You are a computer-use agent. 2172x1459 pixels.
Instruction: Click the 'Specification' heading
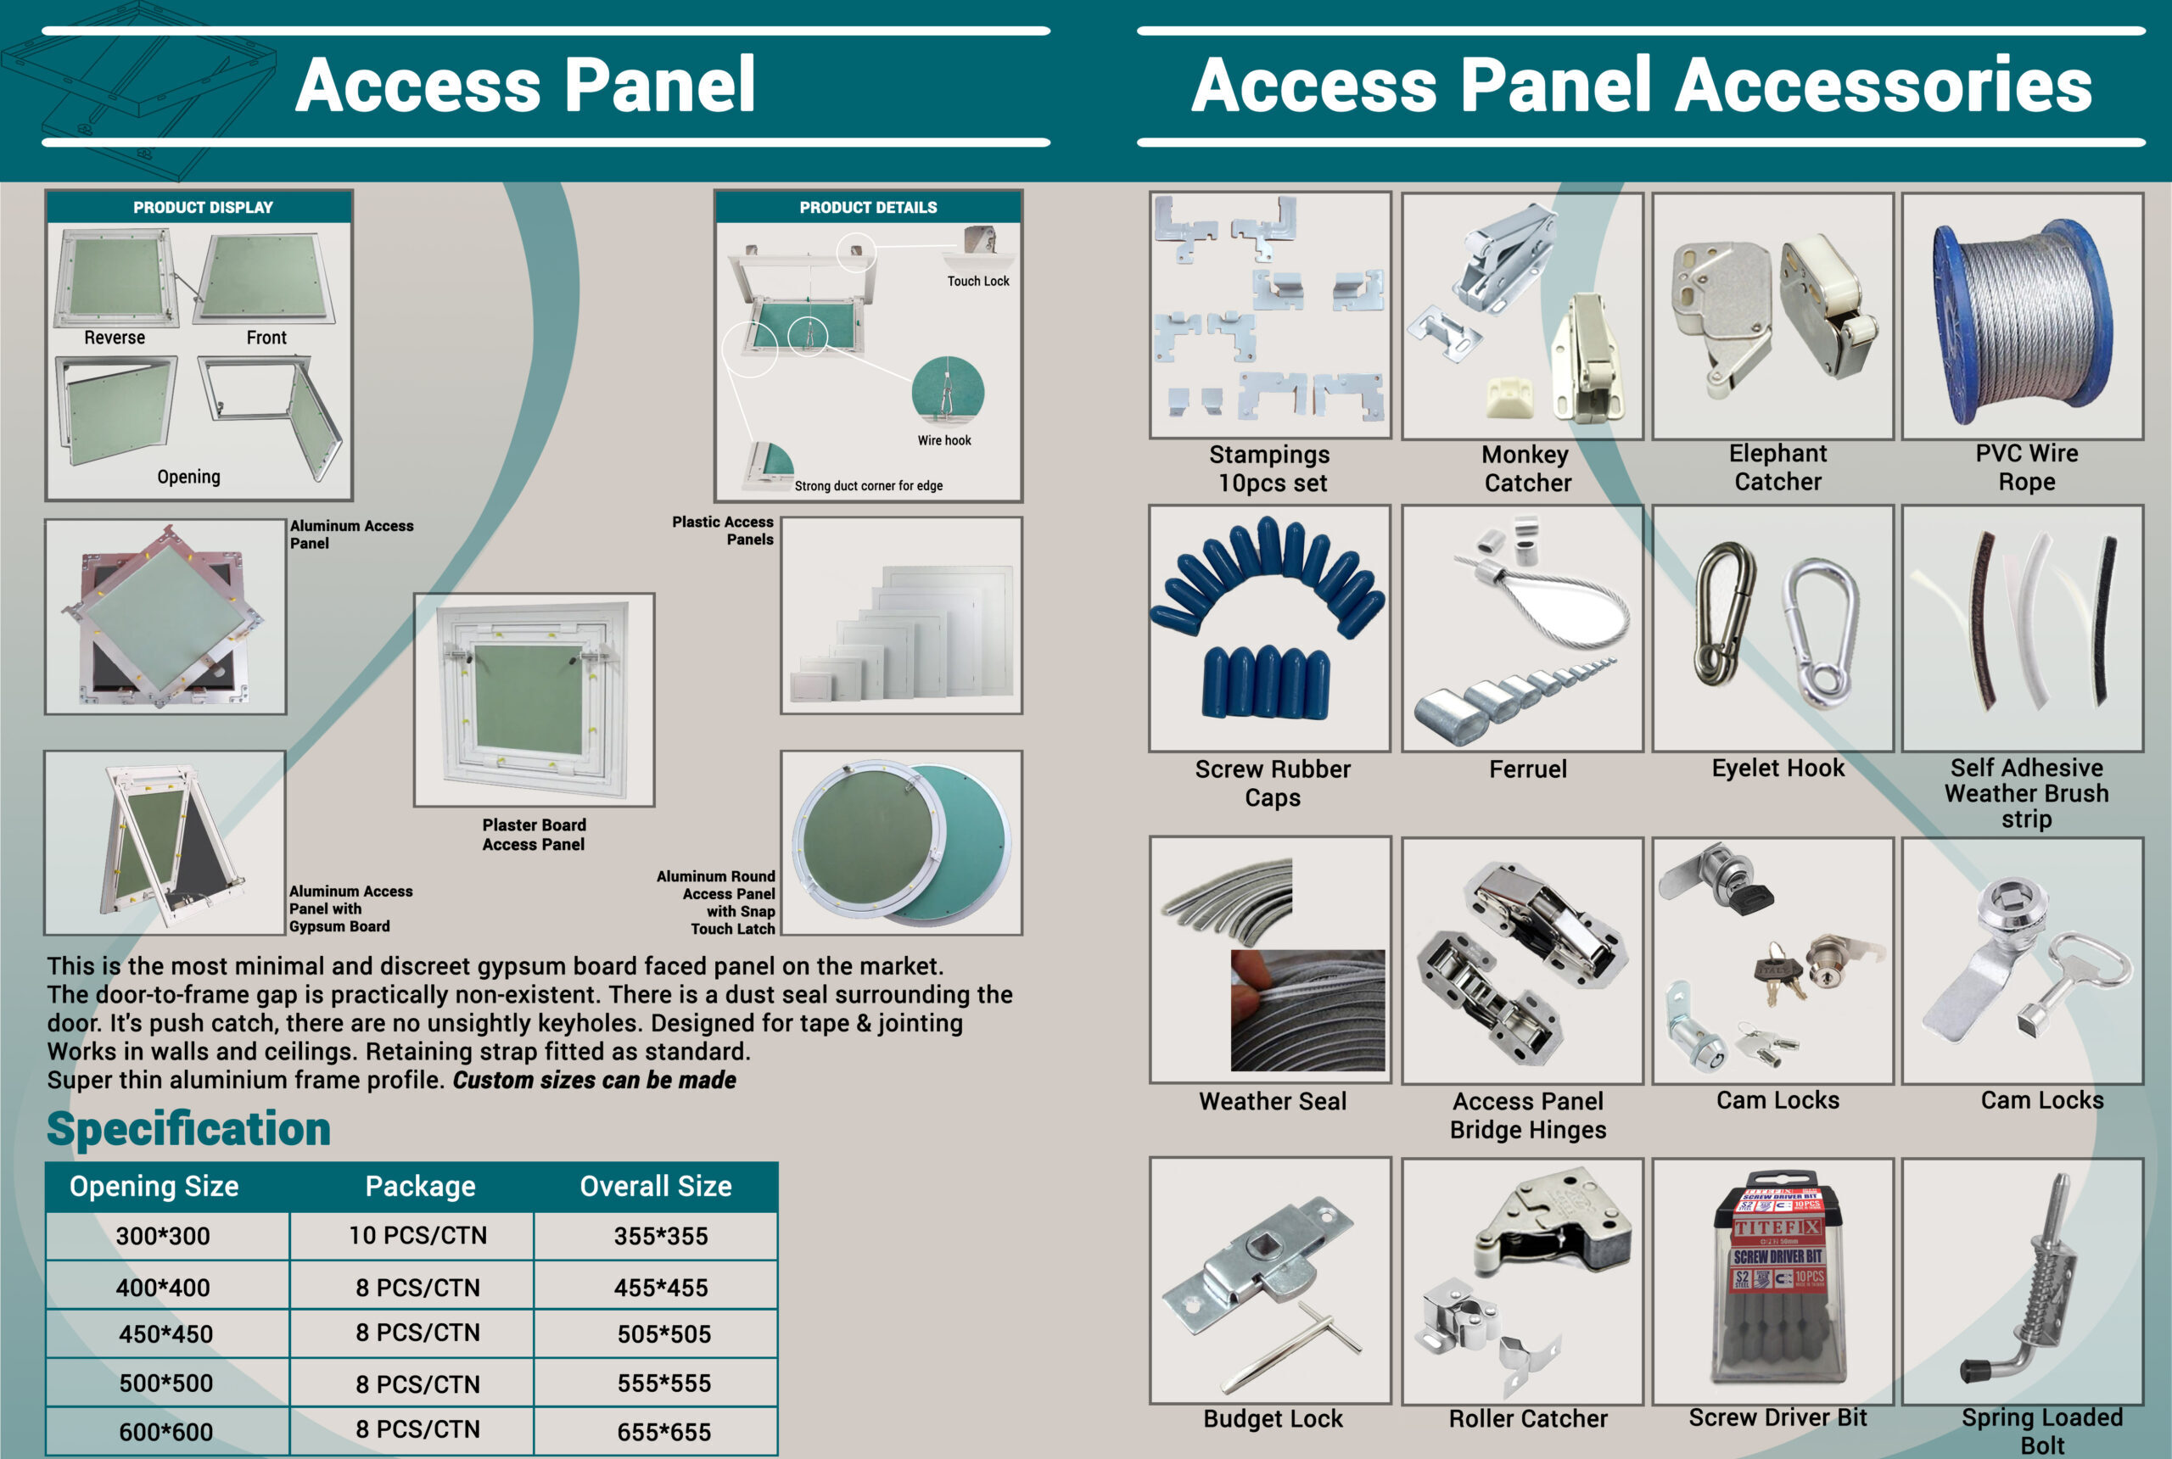189,1129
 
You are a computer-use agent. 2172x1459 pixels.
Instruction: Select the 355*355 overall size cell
661,1236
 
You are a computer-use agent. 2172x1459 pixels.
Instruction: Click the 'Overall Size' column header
655,1187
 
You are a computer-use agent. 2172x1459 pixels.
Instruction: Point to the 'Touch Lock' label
978,281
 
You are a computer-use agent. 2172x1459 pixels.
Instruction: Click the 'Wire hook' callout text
943,440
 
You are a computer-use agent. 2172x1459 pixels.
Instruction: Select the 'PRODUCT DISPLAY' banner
203,208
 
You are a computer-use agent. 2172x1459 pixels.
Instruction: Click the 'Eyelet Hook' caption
1777,768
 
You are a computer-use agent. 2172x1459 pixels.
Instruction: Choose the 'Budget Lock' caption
1272,1419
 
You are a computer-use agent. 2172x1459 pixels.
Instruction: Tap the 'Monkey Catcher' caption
1526,469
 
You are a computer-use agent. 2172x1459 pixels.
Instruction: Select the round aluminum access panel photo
901,843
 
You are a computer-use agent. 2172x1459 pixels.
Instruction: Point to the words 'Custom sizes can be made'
594,1081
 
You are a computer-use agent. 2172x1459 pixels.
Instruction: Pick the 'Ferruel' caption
1527,769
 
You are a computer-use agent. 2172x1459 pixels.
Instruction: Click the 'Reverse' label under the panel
115,338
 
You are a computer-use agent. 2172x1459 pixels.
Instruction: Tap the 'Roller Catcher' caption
1527,1419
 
